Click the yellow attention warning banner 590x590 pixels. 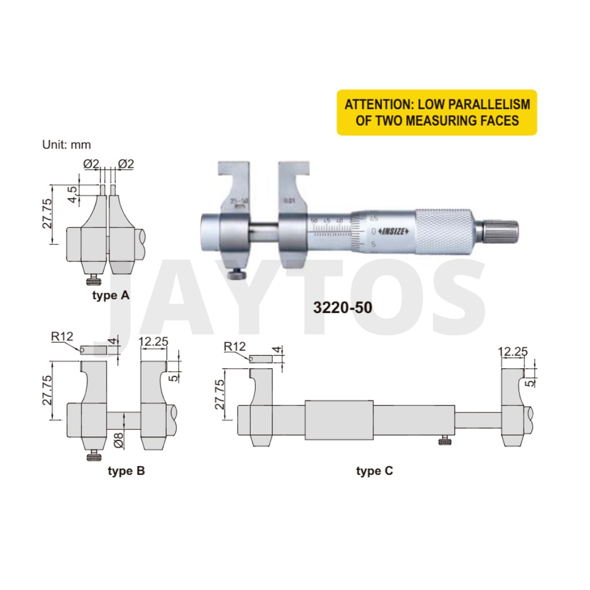click(437, 112)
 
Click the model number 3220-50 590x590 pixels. click(342, 308)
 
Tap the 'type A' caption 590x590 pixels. click(111, 296)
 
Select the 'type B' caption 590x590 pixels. click(126, 471)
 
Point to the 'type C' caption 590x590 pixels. click(375, 471)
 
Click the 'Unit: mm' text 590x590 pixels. click(66, 145)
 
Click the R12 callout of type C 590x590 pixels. click(235, 347)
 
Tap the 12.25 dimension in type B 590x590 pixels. click(153, 341)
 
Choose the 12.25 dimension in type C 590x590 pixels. click(513, 351)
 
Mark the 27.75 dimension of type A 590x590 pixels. click(46, 215)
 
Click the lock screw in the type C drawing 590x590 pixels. click(444, 441)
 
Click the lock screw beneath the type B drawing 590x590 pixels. click(92, 456)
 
